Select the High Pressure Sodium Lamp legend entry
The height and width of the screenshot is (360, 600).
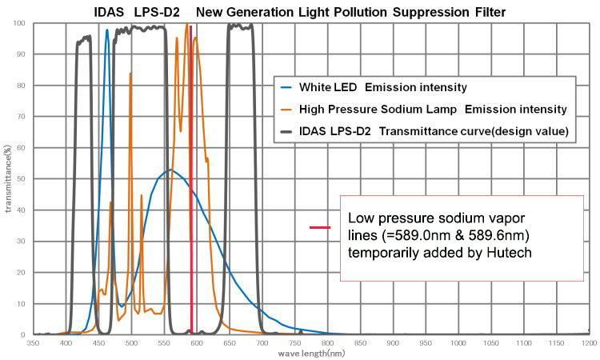432,109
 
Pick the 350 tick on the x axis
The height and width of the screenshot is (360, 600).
33,342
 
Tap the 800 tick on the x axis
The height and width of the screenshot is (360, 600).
327,342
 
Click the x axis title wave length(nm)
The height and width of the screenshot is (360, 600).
311,353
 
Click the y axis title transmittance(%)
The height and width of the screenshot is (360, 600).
7,179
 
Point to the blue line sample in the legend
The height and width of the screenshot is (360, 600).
286,86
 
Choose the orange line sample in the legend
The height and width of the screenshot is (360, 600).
286,109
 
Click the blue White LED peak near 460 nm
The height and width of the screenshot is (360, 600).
107,32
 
